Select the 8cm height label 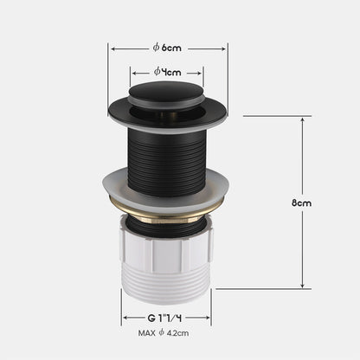[302, 202]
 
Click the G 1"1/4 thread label [165, 317]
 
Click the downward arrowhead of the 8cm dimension [300, 286]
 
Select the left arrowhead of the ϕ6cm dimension [111, 48]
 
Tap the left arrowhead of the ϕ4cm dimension [132, 72]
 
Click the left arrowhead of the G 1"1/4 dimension [125, 317]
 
